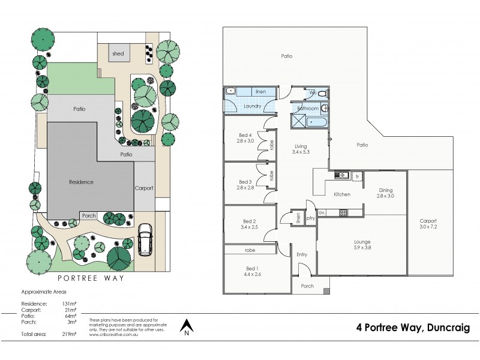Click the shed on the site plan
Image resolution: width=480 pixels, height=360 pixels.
pos(118,54)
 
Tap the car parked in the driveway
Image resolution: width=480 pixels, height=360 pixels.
pos(145,239)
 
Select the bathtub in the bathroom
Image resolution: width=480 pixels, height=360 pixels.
pos(316,122)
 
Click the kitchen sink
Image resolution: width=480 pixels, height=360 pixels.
pos(342,175)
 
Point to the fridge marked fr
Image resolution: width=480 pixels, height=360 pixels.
pos(356,176)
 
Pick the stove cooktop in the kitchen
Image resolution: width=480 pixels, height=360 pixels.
pos(344,212)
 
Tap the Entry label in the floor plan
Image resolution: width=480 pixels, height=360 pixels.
pos(301,254)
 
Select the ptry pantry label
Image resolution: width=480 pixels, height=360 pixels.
pos(311,218)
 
